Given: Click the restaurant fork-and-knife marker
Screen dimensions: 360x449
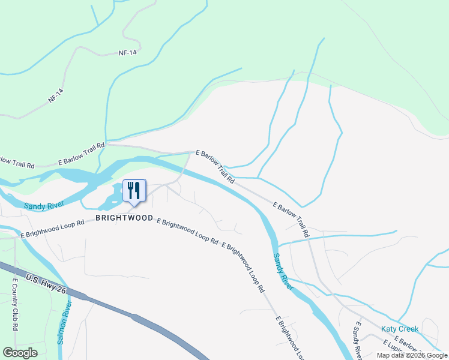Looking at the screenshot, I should [x=134, y=191].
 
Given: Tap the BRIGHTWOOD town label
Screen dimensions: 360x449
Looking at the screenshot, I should [x=124, y=218].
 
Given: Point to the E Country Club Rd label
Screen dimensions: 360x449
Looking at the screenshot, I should [x=14, y=303].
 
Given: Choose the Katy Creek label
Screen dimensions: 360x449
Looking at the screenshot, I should [x=400, y=329].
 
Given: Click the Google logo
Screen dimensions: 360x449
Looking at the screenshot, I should [x=20, y=353].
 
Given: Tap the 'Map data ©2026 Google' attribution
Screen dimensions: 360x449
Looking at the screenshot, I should [x=412, y=356].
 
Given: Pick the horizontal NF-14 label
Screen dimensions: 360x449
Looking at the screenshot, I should [x=127, y=53].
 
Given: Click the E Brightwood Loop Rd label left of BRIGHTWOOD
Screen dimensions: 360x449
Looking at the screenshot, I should [x=52, y=229].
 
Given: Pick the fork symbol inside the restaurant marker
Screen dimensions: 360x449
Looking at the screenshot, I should [x=130, y=190].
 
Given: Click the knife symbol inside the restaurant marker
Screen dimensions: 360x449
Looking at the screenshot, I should [x=137, y=190].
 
